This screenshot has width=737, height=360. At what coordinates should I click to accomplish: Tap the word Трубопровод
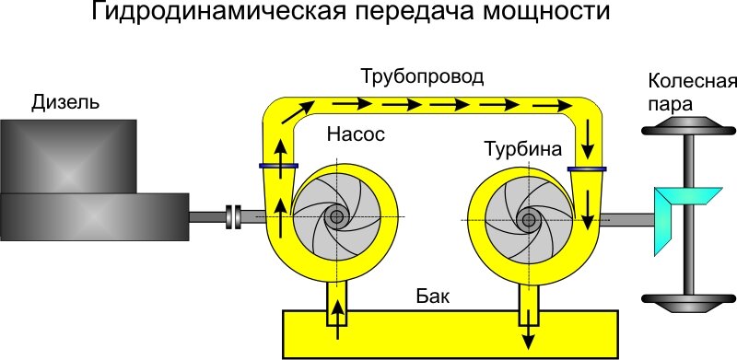(422, 75)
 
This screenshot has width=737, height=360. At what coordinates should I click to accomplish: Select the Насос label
(355, 134)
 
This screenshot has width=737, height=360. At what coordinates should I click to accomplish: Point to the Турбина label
(521, 147)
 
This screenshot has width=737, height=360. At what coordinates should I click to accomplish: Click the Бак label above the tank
(432, 298)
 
